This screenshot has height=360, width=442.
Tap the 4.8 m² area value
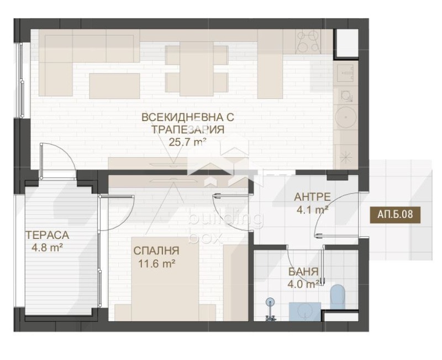tap(47, 248)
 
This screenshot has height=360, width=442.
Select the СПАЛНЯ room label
tap(156, 251)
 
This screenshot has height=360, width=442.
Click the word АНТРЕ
tap(312, 197)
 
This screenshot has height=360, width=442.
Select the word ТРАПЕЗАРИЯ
tap(188, 130)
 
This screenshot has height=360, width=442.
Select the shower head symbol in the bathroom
tap(270, 302)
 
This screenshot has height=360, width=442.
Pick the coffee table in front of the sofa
tap(114, 86)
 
